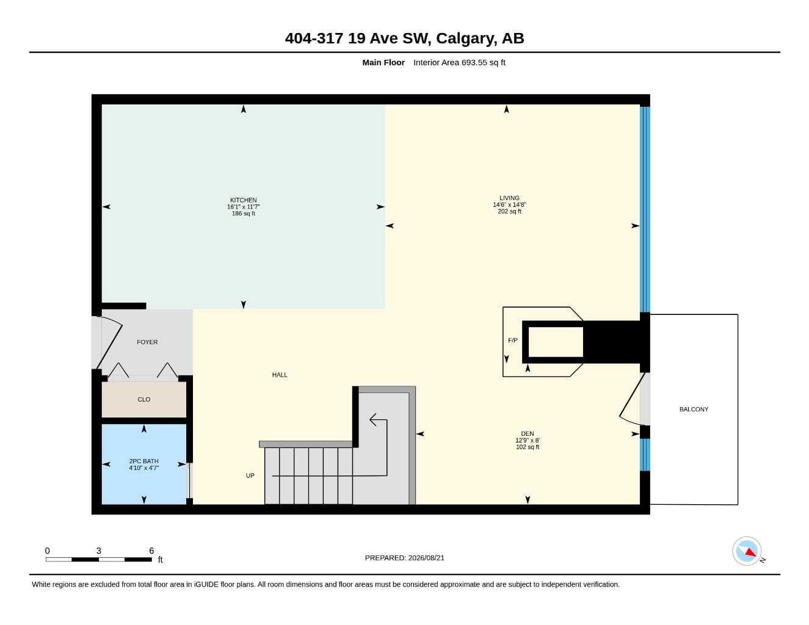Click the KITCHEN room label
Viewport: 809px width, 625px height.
coord(243,200)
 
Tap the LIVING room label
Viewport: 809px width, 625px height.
coord(509,198)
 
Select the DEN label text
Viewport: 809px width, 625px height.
coord(527,433)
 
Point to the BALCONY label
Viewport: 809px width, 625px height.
coord(694,409)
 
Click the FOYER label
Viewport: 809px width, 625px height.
coord(147,342)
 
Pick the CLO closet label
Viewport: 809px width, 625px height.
coord(143,399)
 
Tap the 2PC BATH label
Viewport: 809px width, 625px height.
coord(143,461)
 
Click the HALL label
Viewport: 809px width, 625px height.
coord(280,375)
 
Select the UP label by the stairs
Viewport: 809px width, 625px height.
coord(250,475)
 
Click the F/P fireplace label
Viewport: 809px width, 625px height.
coord(513,340)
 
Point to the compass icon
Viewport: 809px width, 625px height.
coord(747,551)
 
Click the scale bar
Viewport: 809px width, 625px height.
coord(99,559)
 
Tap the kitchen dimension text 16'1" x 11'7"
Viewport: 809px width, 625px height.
coord(244,206)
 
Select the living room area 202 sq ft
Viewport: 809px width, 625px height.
coord(509,211)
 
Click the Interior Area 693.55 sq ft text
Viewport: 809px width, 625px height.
coord(459,62)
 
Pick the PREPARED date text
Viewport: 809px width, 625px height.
coord(404,558)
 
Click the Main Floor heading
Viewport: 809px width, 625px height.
coord(383,62)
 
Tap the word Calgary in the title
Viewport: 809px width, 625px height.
coord(466,38)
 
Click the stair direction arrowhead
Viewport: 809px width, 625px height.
coord(374,420)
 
